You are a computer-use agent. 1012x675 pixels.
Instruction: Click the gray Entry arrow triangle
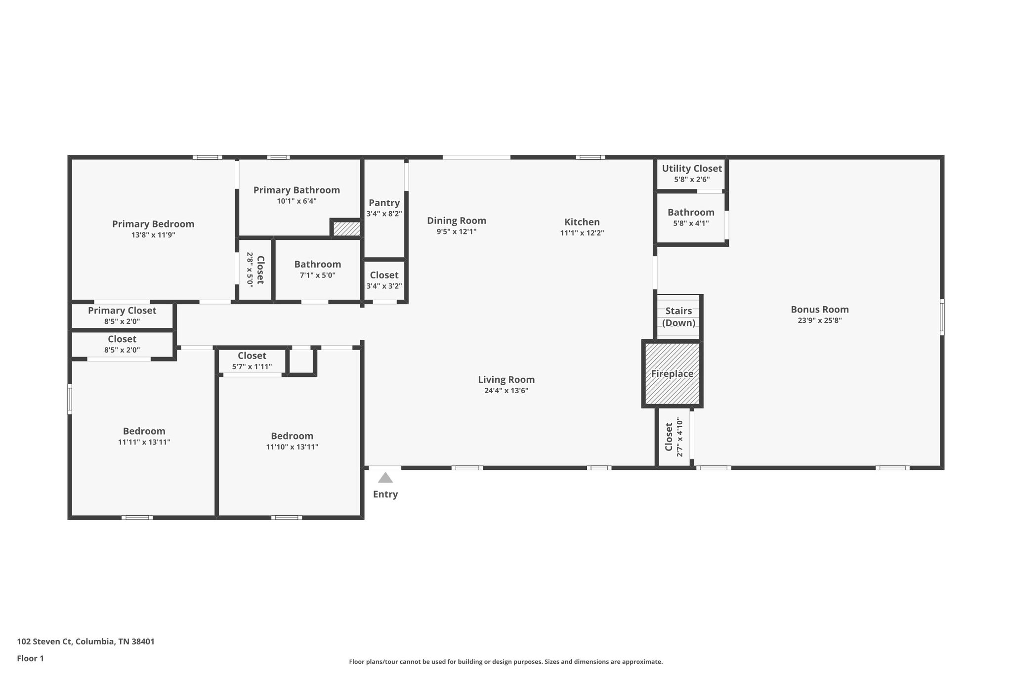(385, 478)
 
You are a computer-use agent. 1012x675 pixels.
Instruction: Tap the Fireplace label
(672, 374)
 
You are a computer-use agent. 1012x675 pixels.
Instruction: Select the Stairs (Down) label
(678, 317)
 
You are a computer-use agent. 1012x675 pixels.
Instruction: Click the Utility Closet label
(692, 169)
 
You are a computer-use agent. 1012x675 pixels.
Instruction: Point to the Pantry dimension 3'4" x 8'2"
(384, 214)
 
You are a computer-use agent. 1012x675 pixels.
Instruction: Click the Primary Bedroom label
(153, 224)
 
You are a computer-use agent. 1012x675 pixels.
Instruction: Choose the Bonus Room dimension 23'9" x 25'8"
(820, 320)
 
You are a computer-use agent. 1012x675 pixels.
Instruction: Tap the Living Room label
(506, 380)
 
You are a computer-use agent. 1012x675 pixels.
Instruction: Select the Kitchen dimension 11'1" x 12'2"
(582, 233)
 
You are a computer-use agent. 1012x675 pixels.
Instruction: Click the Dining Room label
(457, 221)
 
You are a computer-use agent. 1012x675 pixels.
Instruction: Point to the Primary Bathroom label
(296, 190)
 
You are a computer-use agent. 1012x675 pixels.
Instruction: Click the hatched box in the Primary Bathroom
(346, 228)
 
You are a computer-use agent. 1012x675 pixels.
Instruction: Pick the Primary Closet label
(122, 311)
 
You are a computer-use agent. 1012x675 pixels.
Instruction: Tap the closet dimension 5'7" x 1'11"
(252, 367)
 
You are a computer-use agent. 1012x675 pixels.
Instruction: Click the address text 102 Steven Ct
(45, 641)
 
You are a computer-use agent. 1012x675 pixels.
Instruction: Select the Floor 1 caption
(30, 658)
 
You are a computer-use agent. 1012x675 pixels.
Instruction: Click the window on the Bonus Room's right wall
(942, 317)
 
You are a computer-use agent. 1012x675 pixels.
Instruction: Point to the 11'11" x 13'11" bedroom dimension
(144, 442)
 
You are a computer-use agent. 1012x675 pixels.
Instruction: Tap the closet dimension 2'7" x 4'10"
(680, 437)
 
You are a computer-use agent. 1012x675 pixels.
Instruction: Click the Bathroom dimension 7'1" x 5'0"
(318, 275)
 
